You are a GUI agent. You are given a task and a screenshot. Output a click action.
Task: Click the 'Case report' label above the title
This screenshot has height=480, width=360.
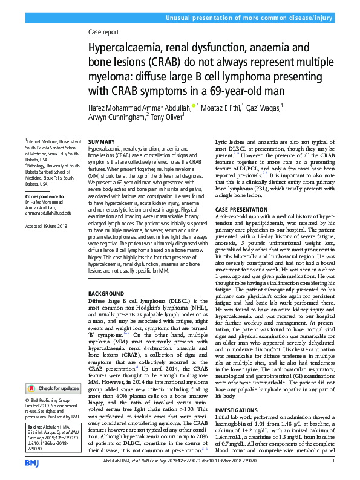pos(104,32)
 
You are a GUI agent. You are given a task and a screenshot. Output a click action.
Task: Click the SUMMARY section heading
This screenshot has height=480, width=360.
pos(101,141)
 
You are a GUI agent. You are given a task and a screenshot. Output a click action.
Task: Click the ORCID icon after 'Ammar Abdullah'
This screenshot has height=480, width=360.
pos(194,106)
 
